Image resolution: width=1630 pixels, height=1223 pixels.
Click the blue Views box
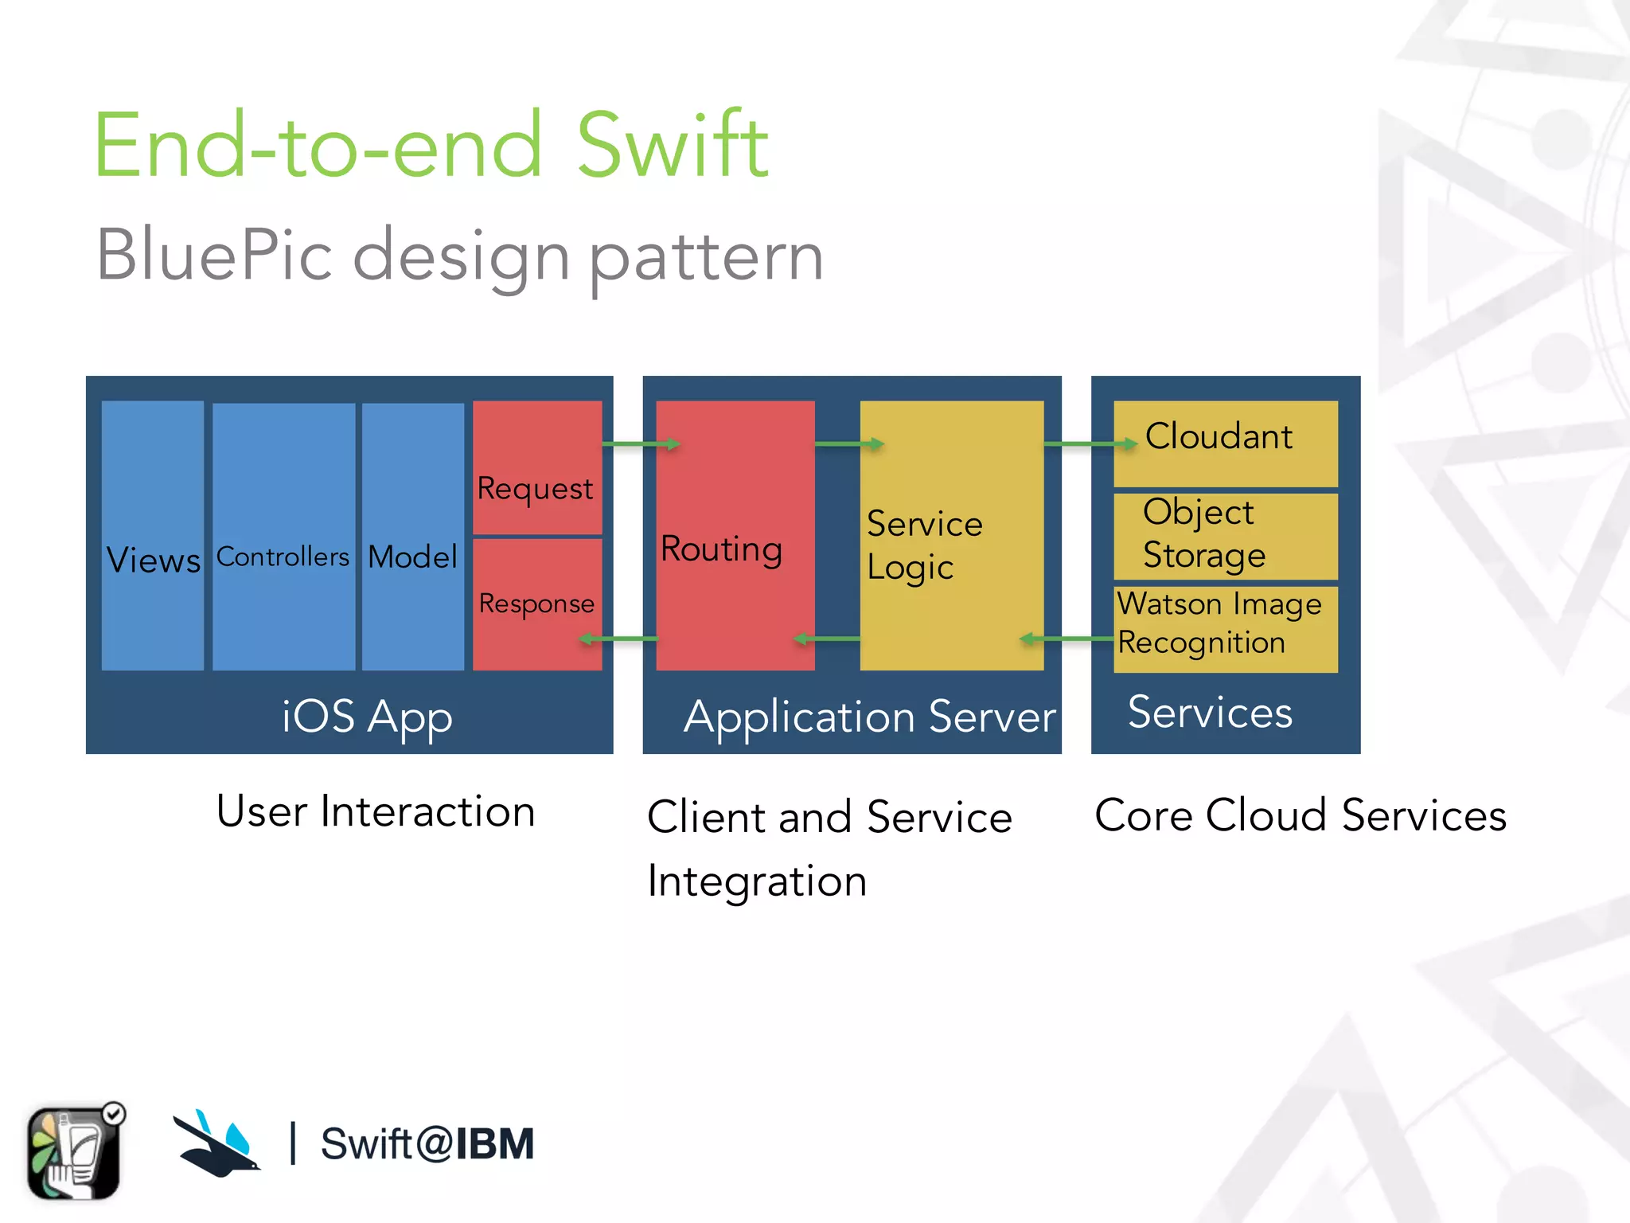[x=153, y=535]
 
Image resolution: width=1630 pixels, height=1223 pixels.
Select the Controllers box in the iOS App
[x=283, y=535]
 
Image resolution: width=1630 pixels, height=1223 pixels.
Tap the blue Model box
[x=413, y=535]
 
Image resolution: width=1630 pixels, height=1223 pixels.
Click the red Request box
[x=537, y=467]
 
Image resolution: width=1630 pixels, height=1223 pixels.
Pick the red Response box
[x=537, y=604]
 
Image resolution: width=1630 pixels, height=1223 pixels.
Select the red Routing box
[x=735, y=535]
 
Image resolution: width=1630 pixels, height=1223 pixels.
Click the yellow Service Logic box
[x=951, y=535]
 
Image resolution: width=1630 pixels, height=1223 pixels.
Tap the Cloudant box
[x=1225, y=443]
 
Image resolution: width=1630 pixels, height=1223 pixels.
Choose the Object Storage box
[x=1225, y=536]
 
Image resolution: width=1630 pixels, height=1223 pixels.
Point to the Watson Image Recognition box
[x=1225, y=629]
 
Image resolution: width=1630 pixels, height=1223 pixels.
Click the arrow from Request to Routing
[x=640, y=443]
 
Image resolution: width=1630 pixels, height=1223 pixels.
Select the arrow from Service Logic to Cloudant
[x=1089, y=443]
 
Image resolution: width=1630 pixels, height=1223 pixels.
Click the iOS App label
[x=367, y=717]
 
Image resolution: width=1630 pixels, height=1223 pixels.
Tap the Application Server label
[x=869, y=717]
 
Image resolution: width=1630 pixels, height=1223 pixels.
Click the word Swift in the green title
[x=671, y=146]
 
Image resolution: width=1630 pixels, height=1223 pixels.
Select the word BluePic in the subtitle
[x=213, y=256]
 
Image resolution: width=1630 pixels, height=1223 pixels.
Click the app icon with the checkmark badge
[x=75, y=1151]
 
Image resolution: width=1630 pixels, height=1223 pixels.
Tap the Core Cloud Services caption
[x=1300, y=815]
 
